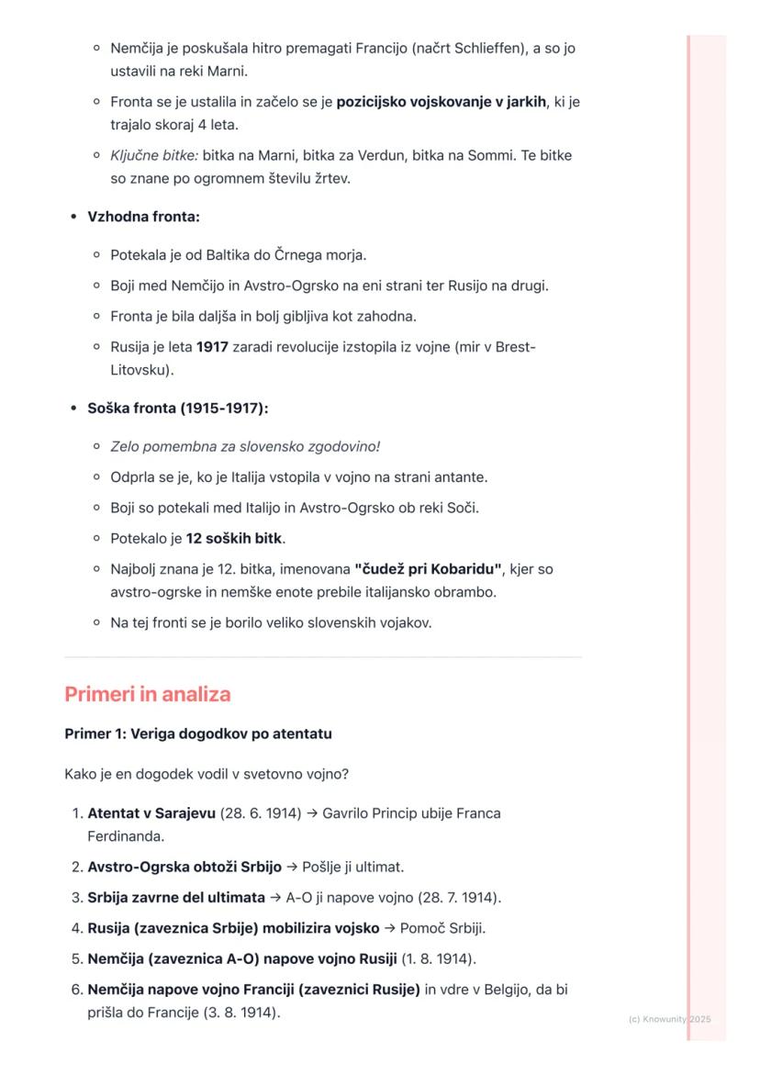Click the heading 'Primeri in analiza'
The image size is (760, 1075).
tap(147, 694)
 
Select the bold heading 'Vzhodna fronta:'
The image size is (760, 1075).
tap(143, 217)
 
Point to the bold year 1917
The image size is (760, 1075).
tap(212, 348)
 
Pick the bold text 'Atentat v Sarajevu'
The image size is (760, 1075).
tap(151, 813)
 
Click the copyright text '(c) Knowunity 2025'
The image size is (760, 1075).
tap(669, 1019)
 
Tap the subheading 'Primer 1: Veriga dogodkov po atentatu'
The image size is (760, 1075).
tap(198, 734)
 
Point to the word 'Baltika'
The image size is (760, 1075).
tap(236, 254)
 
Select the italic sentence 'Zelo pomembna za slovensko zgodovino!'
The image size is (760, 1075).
tap(245, 446)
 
